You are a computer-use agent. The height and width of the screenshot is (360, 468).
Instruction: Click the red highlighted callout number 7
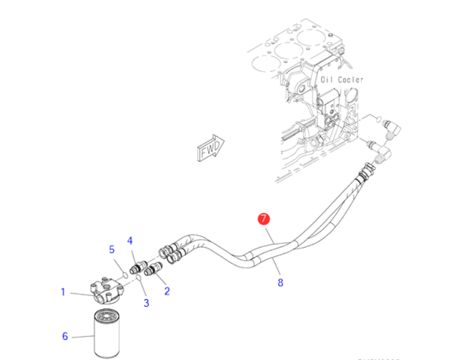tap(263, 219)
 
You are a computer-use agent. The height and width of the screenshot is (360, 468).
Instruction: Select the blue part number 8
tap(280, 284)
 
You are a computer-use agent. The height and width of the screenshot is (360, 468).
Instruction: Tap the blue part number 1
tap(63, 292)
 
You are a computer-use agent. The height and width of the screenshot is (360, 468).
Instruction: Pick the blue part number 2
tap(167, 291)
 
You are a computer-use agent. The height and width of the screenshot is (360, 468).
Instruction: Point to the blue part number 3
tap(146, 302)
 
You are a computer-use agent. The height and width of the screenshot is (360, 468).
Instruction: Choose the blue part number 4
tap(130, 240)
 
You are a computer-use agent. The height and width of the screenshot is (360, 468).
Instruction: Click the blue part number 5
tap(112, 249)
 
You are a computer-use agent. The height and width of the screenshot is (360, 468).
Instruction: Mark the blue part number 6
tap(65, 336)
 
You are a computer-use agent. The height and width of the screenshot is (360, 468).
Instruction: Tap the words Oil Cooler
tap(342, 79)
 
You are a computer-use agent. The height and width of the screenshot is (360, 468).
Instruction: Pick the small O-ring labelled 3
tap(139, 279)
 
